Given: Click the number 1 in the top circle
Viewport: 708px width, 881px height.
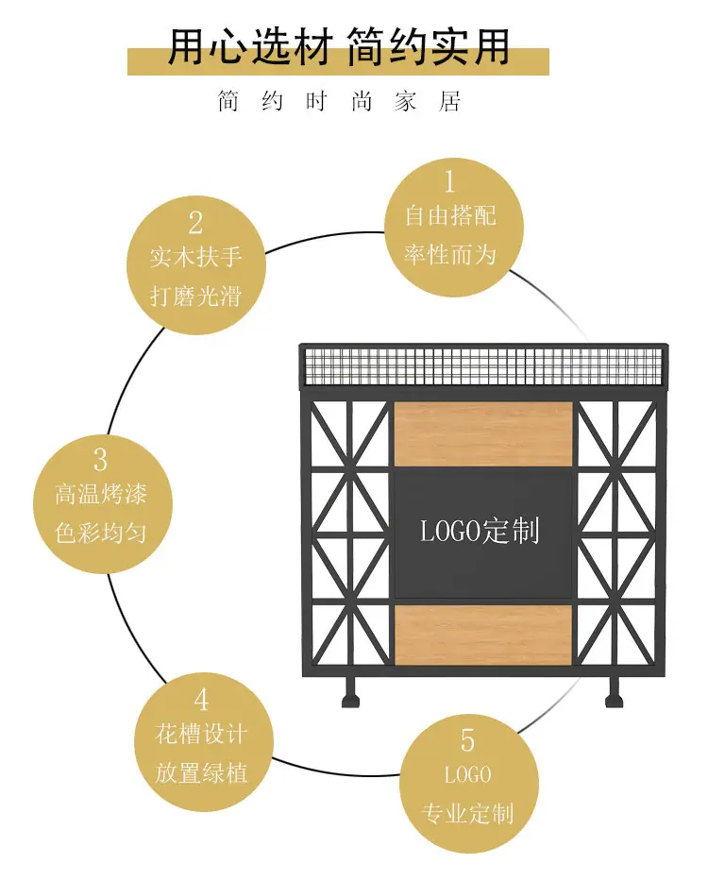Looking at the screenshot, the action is [x=449, y=181].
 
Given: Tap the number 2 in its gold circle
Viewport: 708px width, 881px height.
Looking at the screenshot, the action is [x=195, y=223].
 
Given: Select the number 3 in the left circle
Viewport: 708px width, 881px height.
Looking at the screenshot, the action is [x=101, y=460].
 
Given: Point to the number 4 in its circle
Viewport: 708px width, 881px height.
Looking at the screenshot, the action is [x=201, y=700].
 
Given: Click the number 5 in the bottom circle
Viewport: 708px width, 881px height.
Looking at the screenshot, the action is [x=467, y=740].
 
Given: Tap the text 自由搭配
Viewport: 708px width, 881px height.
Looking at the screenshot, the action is [x=450, y=216].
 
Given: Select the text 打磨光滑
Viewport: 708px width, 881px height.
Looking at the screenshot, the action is [x=195, y=296].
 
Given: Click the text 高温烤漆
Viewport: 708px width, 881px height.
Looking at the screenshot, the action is [x=101, y=495].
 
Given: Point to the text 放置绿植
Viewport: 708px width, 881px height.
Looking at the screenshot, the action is [x=201, y=773].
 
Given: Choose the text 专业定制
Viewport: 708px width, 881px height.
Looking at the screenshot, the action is [x=467, y=814].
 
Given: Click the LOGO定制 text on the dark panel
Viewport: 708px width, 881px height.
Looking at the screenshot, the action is [x=480, y=531].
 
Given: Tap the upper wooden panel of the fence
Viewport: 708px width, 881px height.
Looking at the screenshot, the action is [x=483, y=433].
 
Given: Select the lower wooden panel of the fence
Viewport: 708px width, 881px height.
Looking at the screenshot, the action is [x=483, y=635].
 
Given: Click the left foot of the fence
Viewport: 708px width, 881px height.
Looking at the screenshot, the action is [x=350, y=692].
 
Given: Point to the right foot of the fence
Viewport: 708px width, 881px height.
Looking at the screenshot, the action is [x=615, y=692].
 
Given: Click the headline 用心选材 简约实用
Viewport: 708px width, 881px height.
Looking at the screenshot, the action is [x=339, y=46].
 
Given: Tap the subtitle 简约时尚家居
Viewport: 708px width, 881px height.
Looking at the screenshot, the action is [x=340, y=102].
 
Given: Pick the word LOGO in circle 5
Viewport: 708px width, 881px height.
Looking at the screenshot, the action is [x=468, y=775].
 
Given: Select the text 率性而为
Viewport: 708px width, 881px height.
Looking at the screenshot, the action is [x=450, y=255].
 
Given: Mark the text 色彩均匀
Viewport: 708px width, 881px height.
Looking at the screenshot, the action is [x=101, y=533].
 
